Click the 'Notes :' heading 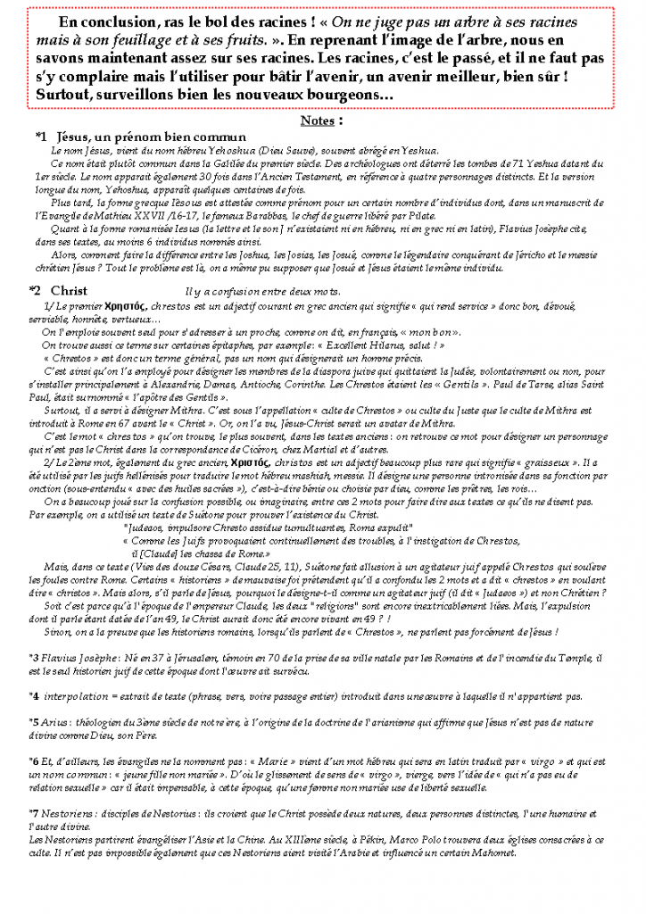[322, 119]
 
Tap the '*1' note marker [41, 137]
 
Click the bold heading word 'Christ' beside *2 [69, 290]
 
